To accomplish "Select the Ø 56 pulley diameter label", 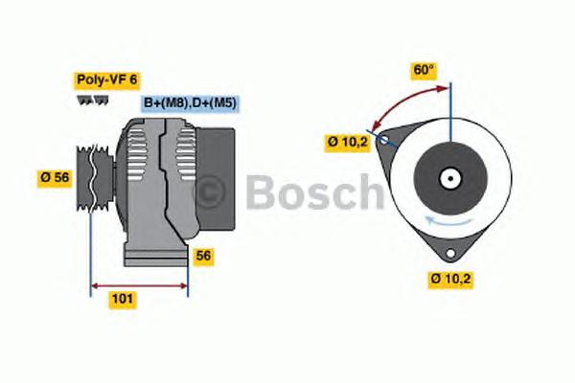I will tap(56, 176).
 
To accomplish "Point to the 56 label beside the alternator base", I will tap(203, 256).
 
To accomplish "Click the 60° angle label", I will tap(423, 69).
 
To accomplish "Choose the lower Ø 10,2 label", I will tap(452, 280).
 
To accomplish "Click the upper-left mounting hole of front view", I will tap(384, 141).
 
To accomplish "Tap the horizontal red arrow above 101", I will tap(139, 284).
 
